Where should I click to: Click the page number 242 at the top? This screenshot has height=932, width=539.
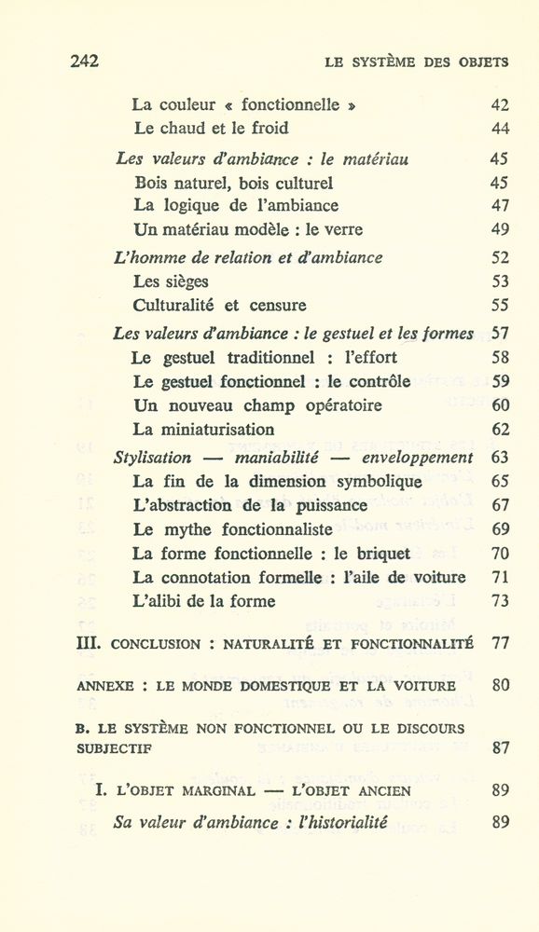[84, 62]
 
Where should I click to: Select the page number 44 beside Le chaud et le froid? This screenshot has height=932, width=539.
[500, 129]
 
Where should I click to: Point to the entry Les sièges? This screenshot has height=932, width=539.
[171, 281]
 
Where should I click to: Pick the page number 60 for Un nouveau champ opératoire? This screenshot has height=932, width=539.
[500, 406]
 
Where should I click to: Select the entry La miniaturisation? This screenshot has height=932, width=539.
[203, 431]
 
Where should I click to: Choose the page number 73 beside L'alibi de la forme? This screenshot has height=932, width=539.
[500, 602]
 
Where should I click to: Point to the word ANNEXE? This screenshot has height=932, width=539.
[104, 685]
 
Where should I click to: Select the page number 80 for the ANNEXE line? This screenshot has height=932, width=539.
[500, 684]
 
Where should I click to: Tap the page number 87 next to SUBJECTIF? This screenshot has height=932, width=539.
[500, 747]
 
